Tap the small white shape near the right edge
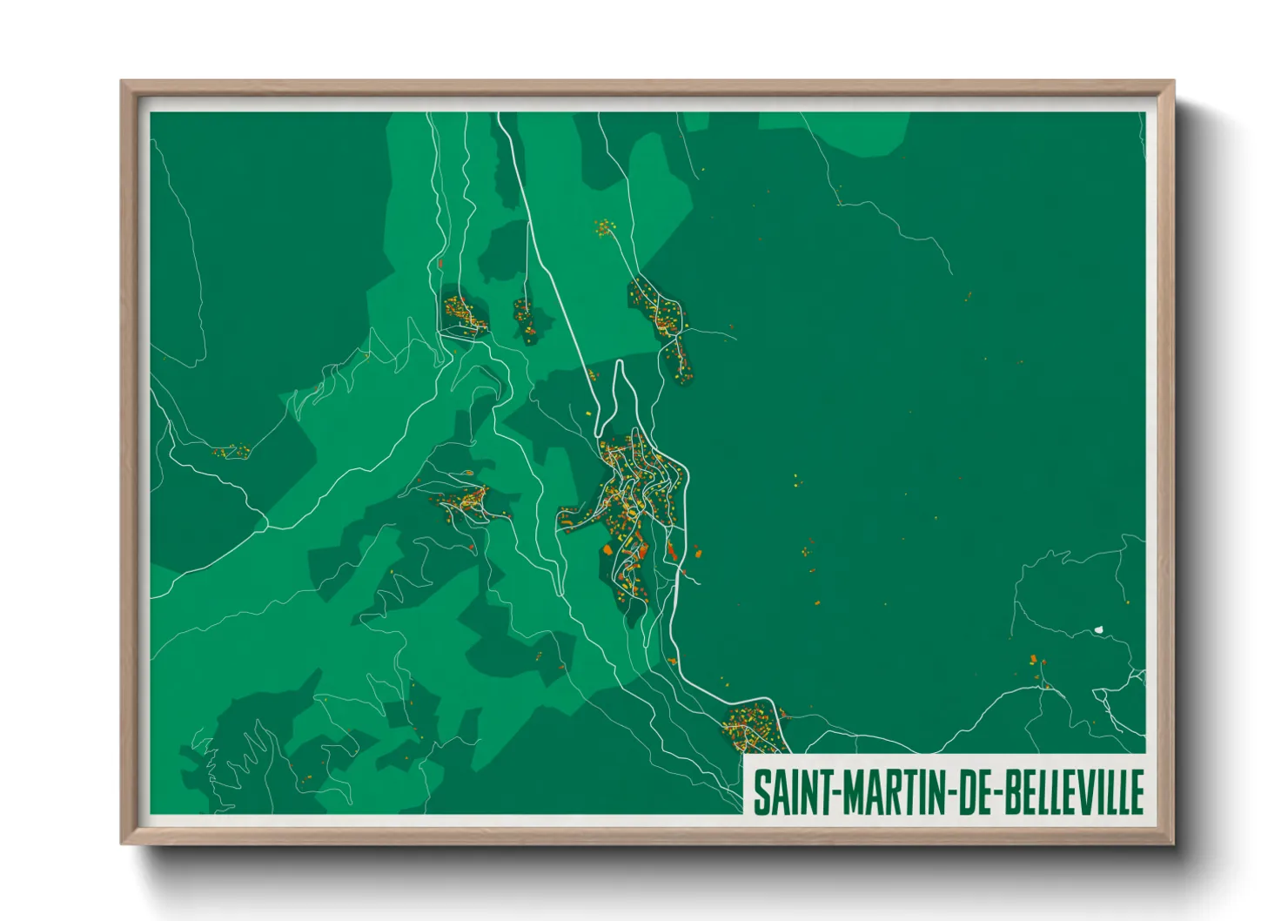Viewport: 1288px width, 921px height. (1099, 628)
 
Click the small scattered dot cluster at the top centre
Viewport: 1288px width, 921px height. (604, 228)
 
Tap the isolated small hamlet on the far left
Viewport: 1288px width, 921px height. (231, 451)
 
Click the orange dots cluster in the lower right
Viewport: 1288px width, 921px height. (1036, 666)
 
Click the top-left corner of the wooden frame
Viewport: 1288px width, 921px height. (124, 84)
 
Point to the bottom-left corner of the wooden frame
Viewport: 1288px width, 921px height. (124, 842)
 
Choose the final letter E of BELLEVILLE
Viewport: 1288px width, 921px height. (1137, 791)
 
